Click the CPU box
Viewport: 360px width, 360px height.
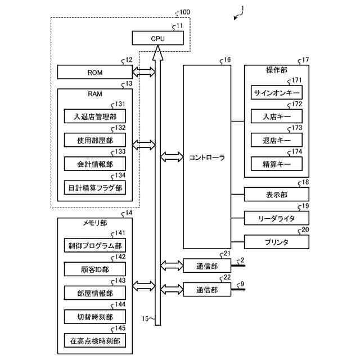click(158, 38)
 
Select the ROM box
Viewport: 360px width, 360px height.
click(94, 72)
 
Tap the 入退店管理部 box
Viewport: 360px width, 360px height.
click(94, 117)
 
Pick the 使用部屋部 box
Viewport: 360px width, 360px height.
click(94, 140)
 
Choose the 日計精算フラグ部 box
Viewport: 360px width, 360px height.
click(94, 188)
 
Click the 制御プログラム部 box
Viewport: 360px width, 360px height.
click(94, 246)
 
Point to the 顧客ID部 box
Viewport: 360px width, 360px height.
click(94, 269)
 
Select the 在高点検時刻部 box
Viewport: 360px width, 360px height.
click(94, 340)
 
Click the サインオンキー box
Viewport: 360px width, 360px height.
click(276, 92)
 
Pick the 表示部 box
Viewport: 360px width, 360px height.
click(276, 195)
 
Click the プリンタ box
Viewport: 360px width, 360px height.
click(276, 242)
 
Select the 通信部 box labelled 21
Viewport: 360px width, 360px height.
click(207, 265)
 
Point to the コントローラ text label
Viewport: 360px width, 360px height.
click(207, 157)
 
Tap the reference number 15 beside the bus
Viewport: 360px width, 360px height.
click(145, 319)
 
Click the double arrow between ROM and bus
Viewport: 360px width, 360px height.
click(143, 72)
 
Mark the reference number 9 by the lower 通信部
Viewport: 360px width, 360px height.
click(242, 283)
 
